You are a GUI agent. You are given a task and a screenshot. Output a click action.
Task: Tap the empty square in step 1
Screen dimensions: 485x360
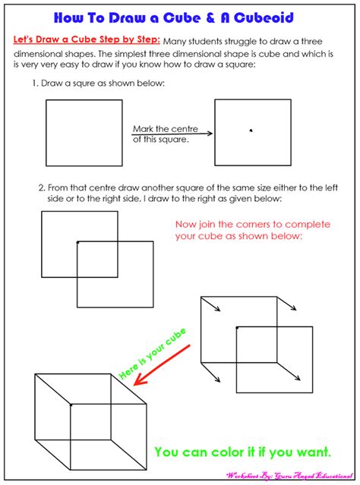coord(84,133)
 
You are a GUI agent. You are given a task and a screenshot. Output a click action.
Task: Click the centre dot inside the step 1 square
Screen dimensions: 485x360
coord(251,131)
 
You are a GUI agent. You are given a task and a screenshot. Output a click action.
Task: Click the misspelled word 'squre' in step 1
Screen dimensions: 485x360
coord(91,82)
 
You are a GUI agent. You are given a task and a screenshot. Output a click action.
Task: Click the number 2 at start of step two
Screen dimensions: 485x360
coord(42,187)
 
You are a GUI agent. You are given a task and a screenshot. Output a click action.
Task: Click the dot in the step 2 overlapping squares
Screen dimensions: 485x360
coord(77,242)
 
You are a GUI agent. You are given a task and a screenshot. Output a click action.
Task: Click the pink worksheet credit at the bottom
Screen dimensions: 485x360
coord(290,475)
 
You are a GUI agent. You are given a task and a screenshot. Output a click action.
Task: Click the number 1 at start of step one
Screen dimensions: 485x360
coord(34,82)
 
